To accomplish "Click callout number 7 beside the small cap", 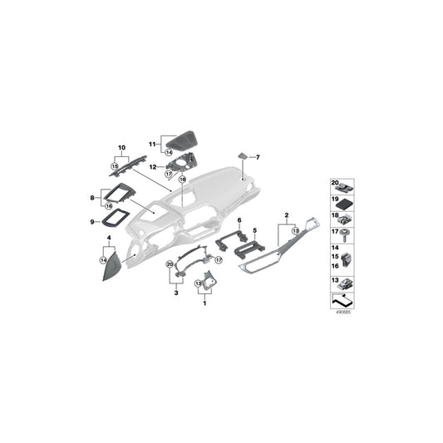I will coord(258,156).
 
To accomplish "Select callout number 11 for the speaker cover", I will coord(152,143).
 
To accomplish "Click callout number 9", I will coord(93,221).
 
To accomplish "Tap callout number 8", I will coord(93,198).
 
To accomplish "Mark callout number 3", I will coord(175,292).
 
